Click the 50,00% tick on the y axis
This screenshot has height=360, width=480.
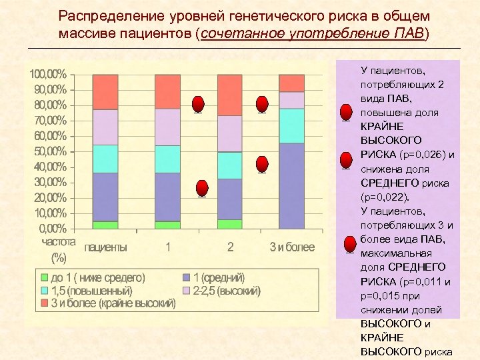[x=46, y=151]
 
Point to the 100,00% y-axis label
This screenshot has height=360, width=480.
[x=46, y=73]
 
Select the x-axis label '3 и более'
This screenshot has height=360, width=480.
[x=291, y=247]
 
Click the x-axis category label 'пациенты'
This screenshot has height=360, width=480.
[x=105, y=247]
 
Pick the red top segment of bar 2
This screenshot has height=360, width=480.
[x=230, y=95]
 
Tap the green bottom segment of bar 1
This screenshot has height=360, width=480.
[x=167, y=225]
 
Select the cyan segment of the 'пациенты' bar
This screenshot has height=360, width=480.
[x=105, y=159]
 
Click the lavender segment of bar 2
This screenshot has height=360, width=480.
[x=230, y=134]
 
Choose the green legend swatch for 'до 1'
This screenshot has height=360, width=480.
[x=44, y=277]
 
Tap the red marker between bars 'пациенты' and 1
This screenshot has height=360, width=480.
[x=198, y=105]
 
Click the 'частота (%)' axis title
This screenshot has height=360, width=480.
[x=59, y=249]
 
